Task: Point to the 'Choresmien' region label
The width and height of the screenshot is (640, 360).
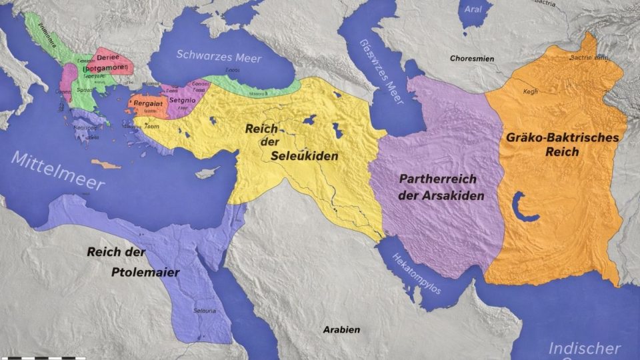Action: tap(471, 59)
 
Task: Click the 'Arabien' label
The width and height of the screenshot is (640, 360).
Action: tap(341, 329)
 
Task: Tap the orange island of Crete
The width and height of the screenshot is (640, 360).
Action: tap(106, 163)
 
